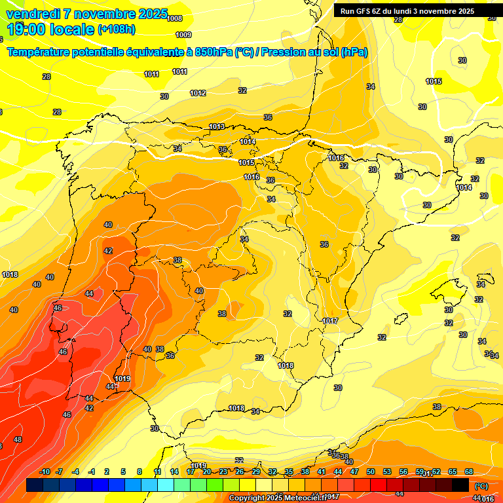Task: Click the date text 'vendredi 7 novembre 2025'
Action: pyautogui.click(x=86, y=14)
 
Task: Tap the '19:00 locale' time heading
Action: pyautogui.click(x=50, y=29)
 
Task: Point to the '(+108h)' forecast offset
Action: pyautogui.click(x=117, y=29)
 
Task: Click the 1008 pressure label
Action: pyautogui.click(x=175, y=18)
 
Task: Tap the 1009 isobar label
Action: pyautogui.click(x=183, y=35)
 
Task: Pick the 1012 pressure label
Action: pyautogui.click(x=198, y=93)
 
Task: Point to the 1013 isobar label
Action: pyautogui.click(x=217, y=126)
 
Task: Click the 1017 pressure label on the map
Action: pyautogui.click(x=330, y=321)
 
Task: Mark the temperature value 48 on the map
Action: pyautogui.click(x=18, y=439)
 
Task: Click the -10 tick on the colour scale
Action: pyautogui.click(x=45, y=472)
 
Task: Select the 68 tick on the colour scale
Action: pyautogui.click(x=469, y=472)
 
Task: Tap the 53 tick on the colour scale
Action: pyautogui.click(x=387, y=472)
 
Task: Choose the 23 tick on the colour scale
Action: pyautogui.click(x=223, y=472)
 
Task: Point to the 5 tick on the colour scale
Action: pyautogui.click(x=123, y=472)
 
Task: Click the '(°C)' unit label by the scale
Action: pyautogui.click(x=481, y=485)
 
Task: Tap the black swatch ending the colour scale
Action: pyautogui.click(x=460, y=485)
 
